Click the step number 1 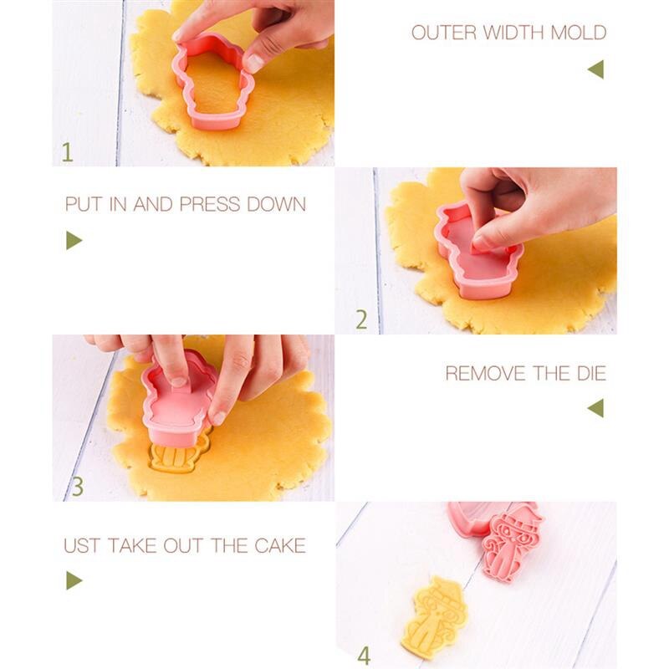click(x=68, y=152)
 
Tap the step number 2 click(x=361, y=319)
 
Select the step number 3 click(x=77, y=487)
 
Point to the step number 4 click(x=364, y=656)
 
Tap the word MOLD click(x=579, y=33)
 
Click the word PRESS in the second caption click(x=210, y=204)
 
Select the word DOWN click(x=277, y=204)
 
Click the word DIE click(x=592, y=373)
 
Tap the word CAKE click(x=280, y=546)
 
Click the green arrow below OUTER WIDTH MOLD click(x=595, y=69)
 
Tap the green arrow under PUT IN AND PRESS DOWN click(x=74, y=240)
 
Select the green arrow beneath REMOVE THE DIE click(x=595, y=408)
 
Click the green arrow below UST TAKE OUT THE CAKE click(x=74, y=580)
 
